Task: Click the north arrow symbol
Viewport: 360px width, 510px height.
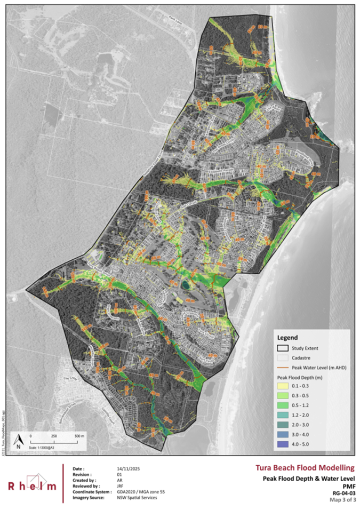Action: pyautogui.click(x=19, y=439)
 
